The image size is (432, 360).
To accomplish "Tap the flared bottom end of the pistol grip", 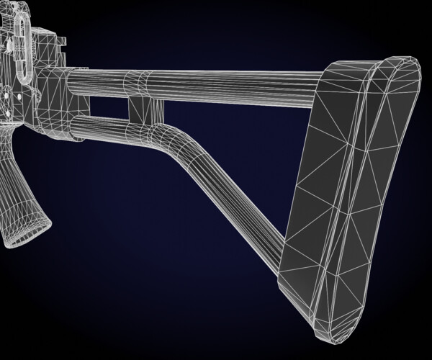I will (24, 230).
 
